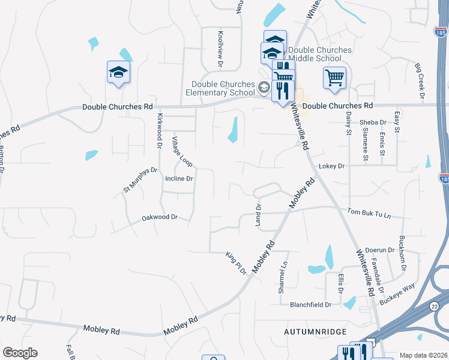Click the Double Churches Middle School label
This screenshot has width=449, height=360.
tap(319, 54)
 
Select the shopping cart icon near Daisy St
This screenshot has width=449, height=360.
tap(334, 77)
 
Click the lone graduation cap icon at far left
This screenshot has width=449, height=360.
tap(118, 72)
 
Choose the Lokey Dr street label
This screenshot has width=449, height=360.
tap(332, 166)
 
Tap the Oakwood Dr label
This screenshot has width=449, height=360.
tap(160, 217)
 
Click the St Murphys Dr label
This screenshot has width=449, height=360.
tap(140, 180)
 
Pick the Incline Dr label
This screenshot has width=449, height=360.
tap(179, 179)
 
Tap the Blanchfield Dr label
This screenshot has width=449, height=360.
tap(310, 305)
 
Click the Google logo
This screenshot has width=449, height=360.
tap(20, 353)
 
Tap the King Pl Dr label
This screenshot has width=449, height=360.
tap(237, 263)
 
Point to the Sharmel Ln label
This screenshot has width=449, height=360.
tap(282, 277)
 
